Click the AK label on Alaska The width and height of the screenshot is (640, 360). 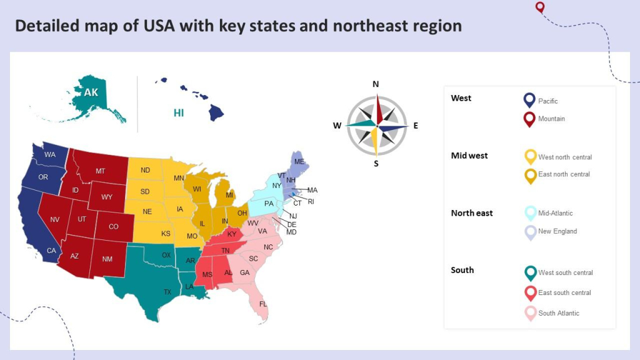coord(91,92)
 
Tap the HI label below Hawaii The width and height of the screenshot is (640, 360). coord(179,113)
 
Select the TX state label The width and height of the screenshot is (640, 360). coord(167,292)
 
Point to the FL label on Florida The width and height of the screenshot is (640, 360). coord(263,304)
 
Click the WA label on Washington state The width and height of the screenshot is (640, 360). coord(50,154)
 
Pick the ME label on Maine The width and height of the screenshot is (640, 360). coord(299,161)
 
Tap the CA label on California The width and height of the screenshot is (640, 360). coord(52,251)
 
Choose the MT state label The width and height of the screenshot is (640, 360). coord(100,171)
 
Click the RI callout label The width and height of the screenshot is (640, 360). coord(311,201)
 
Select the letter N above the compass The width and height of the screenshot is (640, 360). coord(376,84)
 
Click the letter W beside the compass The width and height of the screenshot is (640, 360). coord(337,126)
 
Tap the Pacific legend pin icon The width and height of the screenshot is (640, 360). coord(529,100)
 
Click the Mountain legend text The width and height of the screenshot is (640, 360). coord(551,119)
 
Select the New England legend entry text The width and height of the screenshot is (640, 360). coord(557,231)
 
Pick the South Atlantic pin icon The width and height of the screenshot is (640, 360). coord(530,312)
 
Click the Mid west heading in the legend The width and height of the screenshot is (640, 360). coord(469,156)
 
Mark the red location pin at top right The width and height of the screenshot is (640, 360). coord(540,7)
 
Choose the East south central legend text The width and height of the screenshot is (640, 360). coord(564,292)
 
